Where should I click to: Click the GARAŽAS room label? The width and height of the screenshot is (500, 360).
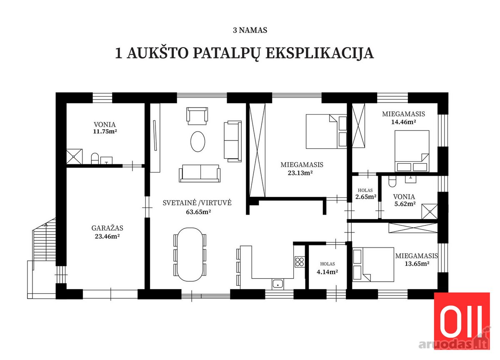[107, 228]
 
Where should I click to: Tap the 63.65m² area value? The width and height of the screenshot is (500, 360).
[198, 212]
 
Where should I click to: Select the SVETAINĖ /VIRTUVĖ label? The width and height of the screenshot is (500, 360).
[197, 202]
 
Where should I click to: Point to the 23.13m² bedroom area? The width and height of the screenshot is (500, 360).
[300, 172]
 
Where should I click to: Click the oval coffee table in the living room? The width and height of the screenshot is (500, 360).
[197, 142]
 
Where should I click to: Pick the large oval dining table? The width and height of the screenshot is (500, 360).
[190, 255]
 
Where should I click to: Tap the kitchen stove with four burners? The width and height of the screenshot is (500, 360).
[299, 262]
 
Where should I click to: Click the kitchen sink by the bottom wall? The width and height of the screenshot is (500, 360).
[277, 284]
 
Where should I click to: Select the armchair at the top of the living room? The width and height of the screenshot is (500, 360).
[197, 116]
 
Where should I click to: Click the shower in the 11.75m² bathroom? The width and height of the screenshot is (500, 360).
[74, 157]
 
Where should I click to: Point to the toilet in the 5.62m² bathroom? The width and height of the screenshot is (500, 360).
[392, 181]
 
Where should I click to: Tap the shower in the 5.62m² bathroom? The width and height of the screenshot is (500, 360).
[430, 211]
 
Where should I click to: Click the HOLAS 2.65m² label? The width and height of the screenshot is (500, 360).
[365, 193]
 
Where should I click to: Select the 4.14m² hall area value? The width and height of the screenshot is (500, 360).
[327, 272]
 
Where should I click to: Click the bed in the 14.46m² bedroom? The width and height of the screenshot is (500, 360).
[412, 151]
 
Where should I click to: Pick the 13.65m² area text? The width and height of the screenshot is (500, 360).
[417, 264]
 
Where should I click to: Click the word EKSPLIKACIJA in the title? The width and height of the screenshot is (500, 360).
[320, 54]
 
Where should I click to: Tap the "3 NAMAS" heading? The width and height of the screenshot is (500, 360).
[250, 30]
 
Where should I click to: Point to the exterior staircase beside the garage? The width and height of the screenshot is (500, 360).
[44, 240]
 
